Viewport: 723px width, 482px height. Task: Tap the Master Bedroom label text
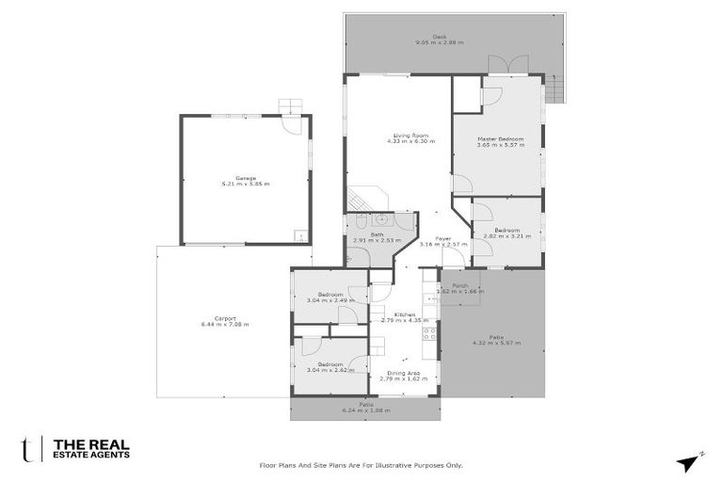pyautogui.click(x=500, y=139)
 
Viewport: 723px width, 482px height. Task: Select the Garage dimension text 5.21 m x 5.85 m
pyautogui.click(x=245, y=184)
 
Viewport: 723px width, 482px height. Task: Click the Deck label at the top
pyautogui.click(x=439, y=37)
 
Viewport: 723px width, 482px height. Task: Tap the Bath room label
pyautogui.click(x=377, y=234)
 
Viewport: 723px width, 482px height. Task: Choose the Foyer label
pyautogui.click(x=442, y=239)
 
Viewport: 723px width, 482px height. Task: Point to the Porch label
pyautogui.click(x=460, y=285)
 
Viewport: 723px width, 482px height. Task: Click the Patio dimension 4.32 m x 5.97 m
pyautogui.click(x=495, y=343)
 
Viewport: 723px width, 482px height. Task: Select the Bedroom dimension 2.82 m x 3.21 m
pyautogui.click(x=506, y=236)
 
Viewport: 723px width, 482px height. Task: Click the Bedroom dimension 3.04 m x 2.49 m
pyautogui.click(x=329, y=300)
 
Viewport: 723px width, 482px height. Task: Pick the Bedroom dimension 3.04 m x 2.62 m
pyautogui.click(x=329, y=370)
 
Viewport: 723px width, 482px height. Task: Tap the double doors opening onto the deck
pyautogui.click(x=501, y=65)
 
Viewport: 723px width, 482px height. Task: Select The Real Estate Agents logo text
pyautogui.click(x=90, y=449)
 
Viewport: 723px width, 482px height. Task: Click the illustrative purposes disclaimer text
pyautogui.click(x=361, y=464)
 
